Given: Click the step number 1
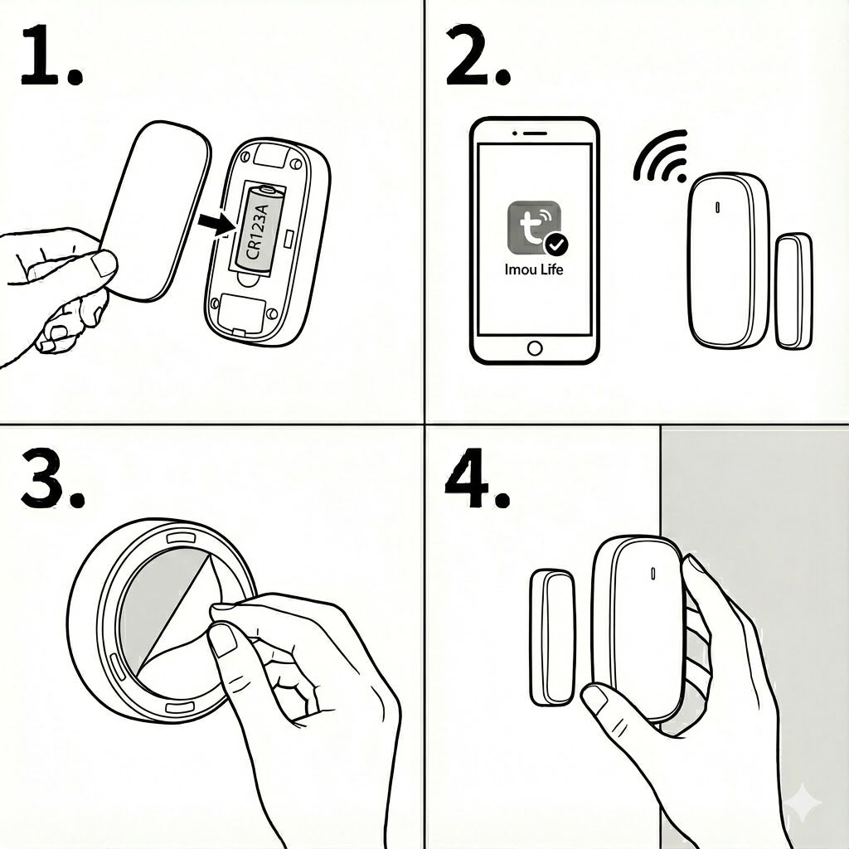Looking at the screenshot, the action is (x=51, y=56).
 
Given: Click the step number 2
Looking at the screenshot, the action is (x=478, y=56).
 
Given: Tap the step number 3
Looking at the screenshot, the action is (x=52, y=480).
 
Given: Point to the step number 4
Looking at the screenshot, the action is (x=477, y=480).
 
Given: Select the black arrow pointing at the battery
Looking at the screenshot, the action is (x=216, y=224).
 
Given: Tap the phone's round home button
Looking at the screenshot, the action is (x=535, y=348).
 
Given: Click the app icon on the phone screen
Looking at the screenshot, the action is (x=535, y=227).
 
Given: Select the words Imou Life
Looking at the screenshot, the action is (x=534, y=269).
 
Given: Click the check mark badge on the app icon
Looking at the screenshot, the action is (x=556, y=245).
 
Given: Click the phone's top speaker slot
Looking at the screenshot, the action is (x=534, y=133).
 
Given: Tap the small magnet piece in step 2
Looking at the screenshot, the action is (x=793, y=291).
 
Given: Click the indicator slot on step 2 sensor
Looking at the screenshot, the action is (x=718, y=206).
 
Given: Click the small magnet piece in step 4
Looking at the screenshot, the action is (x=552, y=638).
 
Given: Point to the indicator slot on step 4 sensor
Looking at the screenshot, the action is (x=653, y=573).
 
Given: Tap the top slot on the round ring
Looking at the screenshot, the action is (x=180, y=537).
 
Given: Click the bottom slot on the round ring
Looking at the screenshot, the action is (x=180, y=708).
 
